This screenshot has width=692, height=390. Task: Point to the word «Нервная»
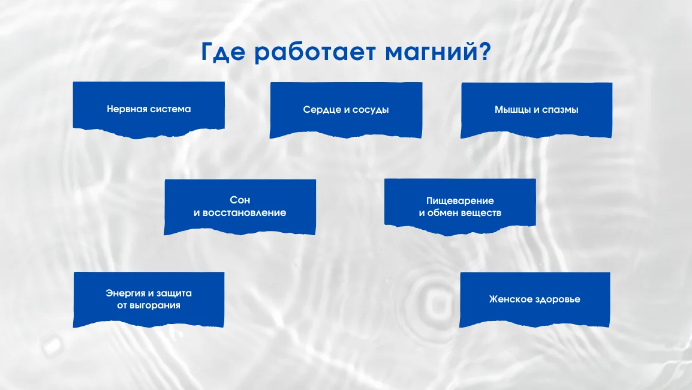click(124, 109)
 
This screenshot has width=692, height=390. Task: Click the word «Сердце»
click(319, 110)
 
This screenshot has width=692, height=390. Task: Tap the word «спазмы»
click(560, 110)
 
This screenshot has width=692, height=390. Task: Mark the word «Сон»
click(240, 200)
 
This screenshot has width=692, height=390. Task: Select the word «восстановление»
click(246, 213)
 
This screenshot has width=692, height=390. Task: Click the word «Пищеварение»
click(460, 200)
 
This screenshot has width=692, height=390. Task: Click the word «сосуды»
click(371, 110)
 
